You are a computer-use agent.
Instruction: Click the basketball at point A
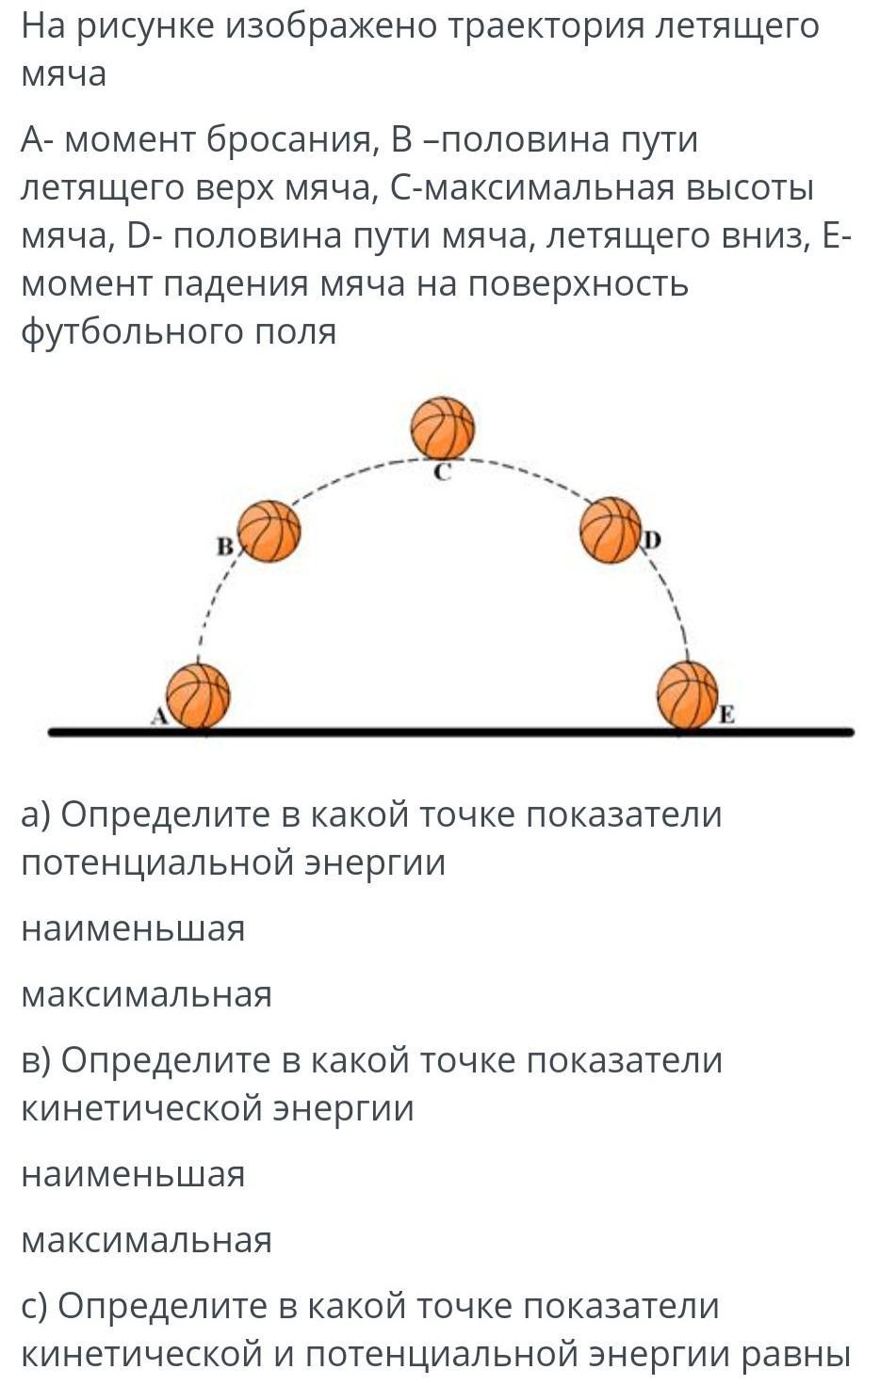click(x=198, y=696)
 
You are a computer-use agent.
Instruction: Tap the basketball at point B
click(x=269, y=531)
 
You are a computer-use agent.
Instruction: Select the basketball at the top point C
click(x=443, y=427)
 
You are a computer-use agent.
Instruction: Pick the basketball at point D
click(x=611, y=530)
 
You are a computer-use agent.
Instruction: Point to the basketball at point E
click(x=687, y=694)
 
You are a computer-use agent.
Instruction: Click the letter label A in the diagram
click(x=159, y=716)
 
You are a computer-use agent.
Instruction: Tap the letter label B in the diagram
click(x=225, y=547)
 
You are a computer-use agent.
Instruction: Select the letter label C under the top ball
click(x=443, y=473)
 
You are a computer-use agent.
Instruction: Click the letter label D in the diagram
click(x=653, y=541)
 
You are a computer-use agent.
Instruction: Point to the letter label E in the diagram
click(x=726, y=716)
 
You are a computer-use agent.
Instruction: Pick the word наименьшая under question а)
click(x=133, y=929)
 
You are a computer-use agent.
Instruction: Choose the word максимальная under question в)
click(x=147, y=1241)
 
